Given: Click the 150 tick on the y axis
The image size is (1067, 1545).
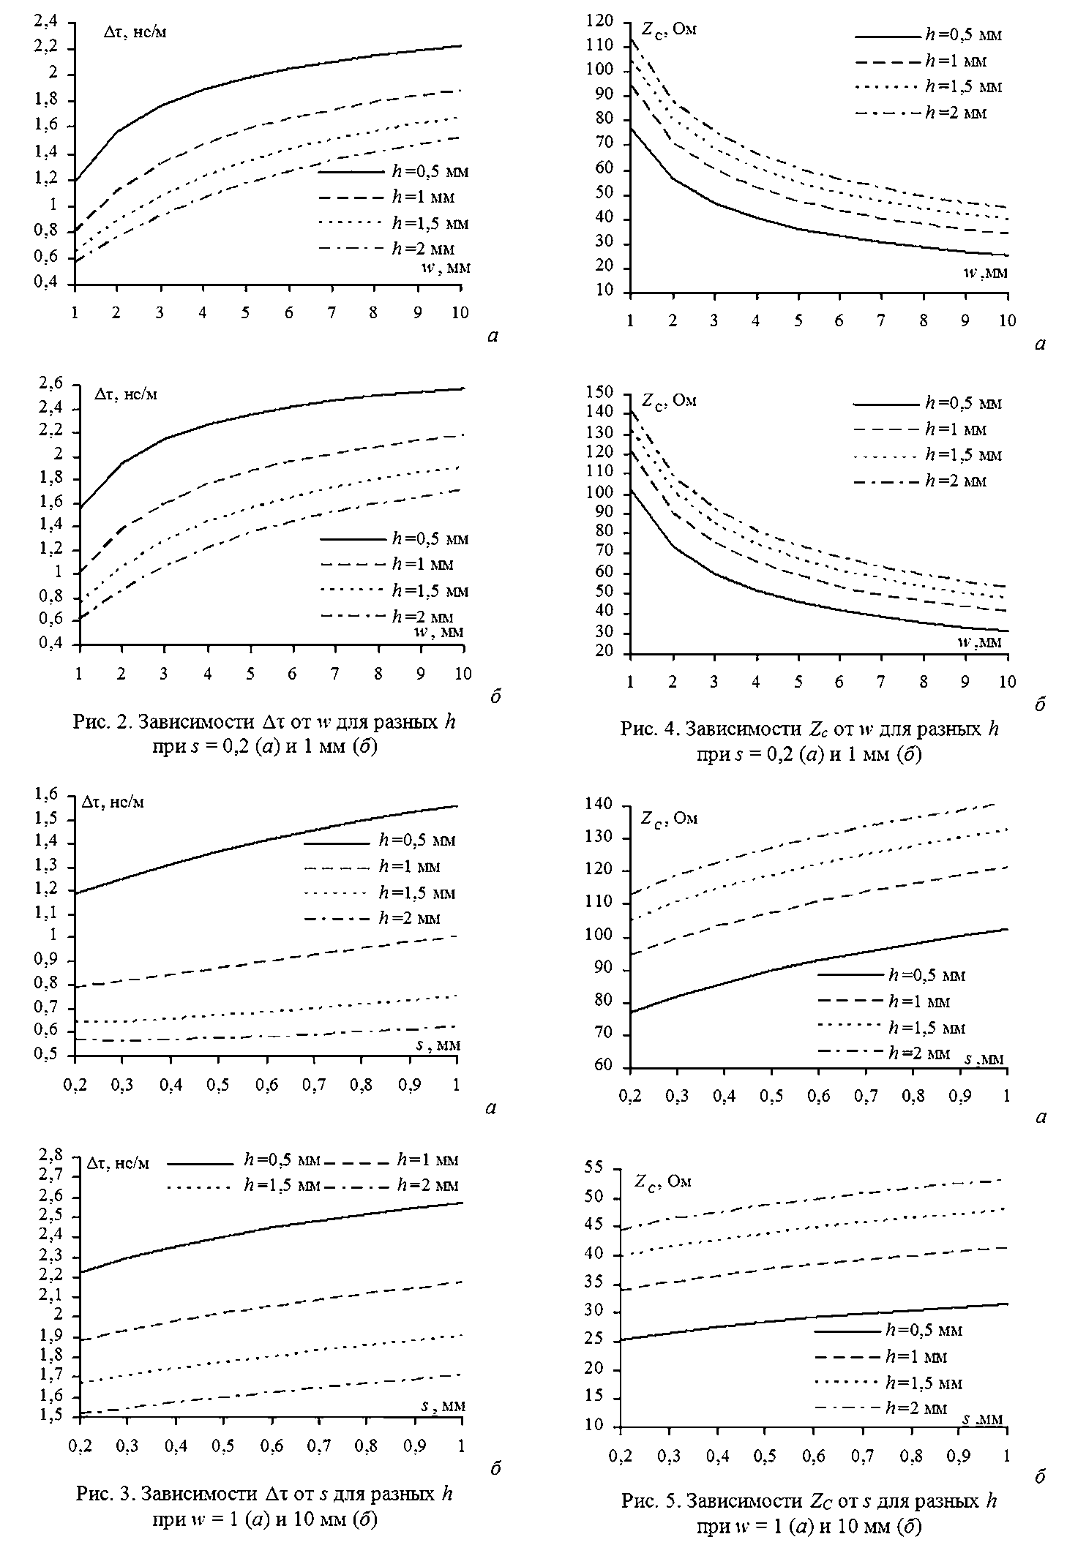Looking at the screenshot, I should (x=609, y=393).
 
